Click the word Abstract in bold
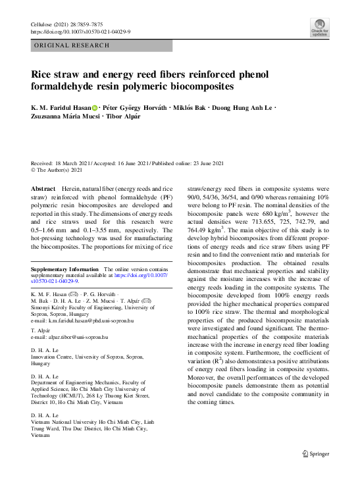(x=43, y=188)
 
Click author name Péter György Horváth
(x=134, y=108)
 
